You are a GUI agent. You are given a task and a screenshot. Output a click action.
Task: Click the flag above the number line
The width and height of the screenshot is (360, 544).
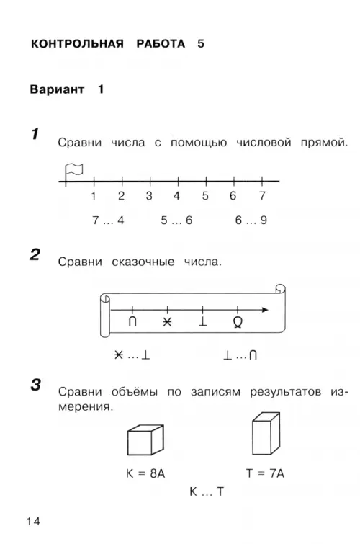point(73,171)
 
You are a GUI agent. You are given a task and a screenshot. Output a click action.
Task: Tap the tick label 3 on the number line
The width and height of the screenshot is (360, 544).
point(149,196)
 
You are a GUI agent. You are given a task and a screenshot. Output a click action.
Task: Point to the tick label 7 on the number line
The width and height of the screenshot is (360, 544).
point(262,196)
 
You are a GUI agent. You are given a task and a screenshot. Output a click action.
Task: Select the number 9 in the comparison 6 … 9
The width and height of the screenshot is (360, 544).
point(264,220)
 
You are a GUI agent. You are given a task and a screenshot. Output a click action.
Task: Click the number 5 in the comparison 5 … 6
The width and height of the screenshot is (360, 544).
point(164,220)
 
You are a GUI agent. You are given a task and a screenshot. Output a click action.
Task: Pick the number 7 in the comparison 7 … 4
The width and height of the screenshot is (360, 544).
point(96,220)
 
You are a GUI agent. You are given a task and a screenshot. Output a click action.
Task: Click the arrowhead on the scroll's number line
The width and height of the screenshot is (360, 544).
point(265,310)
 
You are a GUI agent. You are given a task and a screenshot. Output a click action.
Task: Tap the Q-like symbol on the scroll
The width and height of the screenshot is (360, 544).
point(238,322)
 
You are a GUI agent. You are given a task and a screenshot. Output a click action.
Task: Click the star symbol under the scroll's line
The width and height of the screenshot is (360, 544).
point(167,322)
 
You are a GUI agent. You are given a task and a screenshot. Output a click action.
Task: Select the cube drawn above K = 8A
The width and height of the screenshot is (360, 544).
point(145,440)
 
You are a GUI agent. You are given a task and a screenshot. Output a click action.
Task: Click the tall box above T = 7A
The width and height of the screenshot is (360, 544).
point(266,434)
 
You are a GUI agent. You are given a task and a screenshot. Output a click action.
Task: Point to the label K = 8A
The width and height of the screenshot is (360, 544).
point(145,473)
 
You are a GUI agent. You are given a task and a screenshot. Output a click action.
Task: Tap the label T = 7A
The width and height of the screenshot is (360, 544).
point(265,473)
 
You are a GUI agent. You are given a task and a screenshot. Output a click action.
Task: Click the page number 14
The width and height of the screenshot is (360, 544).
point(34,521)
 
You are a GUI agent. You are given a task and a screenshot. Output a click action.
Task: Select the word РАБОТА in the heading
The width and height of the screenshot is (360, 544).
point(161,44)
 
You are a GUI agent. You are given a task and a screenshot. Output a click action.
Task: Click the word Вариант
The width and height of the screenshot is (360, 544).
point(57,89)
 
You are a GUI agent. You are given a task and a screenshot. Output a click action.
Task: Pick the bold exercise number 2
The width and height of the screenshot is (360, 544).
point(35,254)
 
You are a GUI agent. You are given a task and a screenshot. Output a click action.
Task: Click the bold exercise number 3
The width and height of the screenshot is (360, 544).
point(36,385)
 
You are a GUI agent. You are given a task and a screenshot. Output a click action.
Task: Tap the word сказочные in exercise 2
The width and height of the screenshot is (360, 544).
point(143,262)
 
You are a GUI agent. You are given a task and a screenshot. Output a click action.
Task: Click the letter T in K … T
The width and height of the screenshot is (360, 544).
point(220,491)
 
